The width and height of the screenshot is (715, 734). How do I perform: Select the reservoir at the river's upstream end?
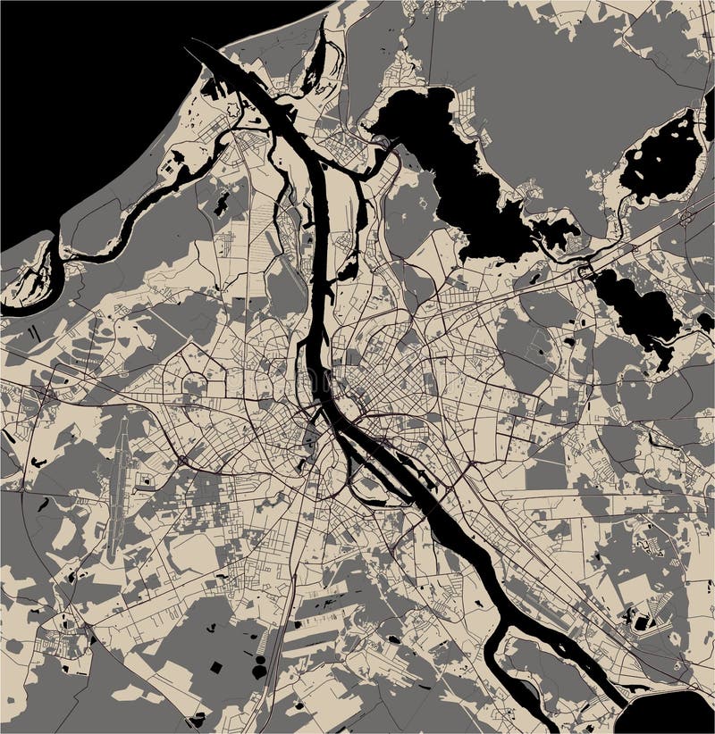(666, 714)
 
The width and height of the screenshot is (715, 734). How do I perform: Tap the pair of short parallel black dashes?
(35, 332)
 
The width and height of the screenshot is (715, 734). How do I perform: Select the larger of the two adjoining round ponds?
(260, 671)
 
